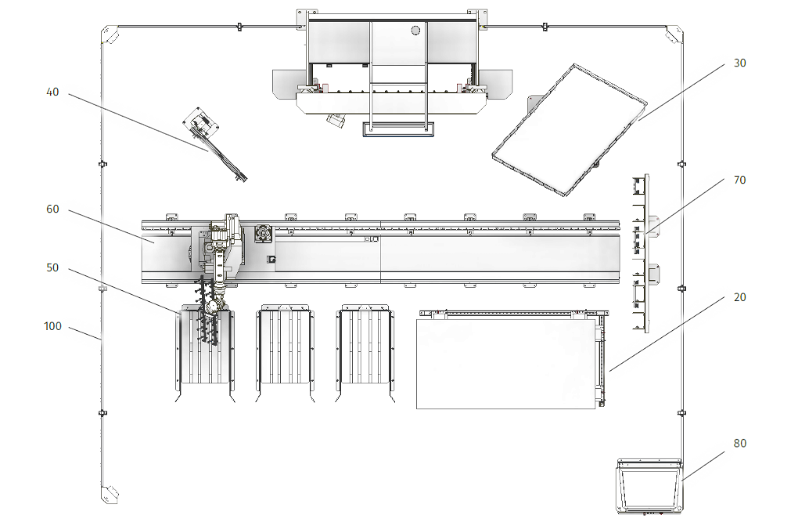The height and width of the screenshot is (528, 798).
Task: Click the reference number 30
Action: point(739,63)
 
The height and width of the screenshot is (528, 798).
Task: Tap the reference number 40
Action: point(52,92)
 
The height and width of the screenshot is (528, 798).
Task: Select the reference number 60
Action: point(52,209)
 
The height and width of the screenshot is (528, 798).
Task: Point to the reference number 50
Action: point(52,268)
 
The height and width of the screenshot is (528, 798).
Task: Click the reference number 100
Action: point(52,326)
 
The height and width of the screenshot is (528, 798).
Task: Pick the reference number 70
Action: point(739,180)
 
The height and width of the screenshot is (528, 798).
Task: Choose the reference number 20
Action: point(739,297)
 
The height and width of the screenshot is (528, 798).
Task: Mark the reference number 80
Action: point(739,444)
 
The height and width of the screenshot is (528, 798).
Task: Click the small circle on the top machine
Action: point(415,30)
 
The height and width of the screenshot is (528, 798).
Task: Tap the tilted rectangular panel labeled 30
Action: point(570,130)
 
